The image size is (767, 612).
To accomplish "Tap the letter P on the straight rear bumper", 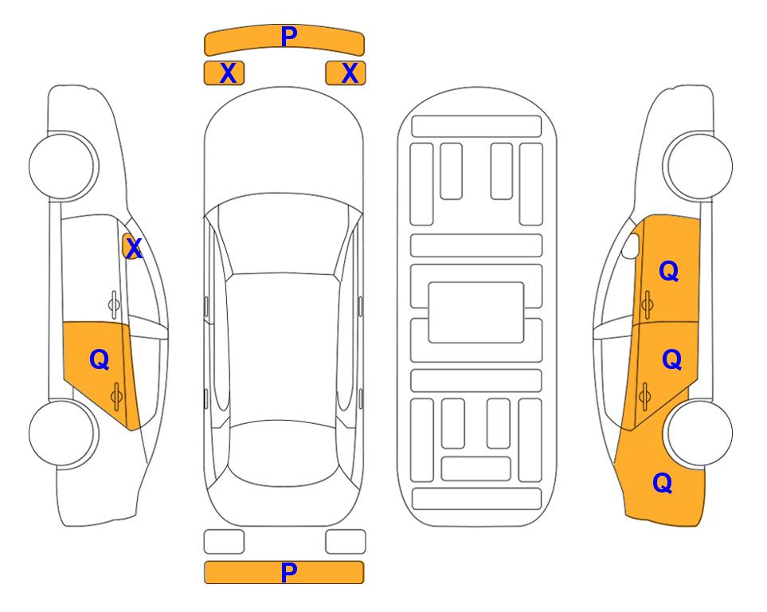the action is [x=288, y=572].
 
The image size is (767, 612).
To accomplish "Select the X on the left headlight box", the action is [x=229, y=73].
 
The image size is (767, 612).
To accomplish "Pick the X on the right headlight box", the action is [x=350, y=73].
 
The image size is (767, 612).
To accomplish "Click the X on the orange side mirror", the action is [x=134, y=249].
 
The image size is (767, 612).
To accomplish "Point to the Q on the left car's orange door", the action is [x=100, y=360].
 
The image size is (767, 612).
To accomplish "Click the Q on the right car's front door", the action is [x=669, y=271].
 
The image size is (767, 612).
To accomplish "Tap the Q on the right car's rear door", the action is [x=671, y=360].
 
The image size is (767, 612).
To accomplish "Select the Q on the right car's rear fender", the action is [x=663, y=483].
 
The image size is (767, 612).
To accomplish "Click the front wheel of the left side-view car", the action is [x=62, y=166].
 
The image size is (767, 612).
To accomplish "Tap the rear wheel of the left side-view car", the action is [x=62, y=433].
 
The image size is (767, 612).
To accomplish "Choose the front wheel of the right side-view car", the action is [x=699, y=166].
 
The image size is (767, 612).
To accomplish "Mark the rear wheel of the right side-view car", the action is [x=699, y=433].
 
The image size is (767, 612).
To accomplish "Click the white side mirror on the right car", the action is [x=631, y=245].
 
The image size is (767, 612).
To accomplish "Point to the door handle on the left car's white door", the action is [x=114, y=305].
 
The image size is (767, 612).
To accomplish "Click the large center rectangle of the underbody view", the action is [x=476, y=312].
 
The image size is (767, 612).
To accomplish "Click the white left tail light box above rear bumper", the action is [x=224, y=542].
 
